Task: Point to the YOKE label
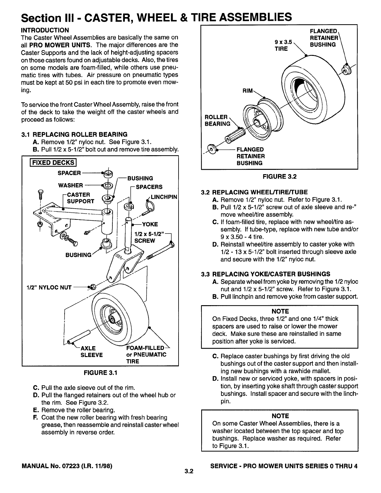[150, 224]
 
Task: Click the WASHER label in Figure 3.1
[70, 185]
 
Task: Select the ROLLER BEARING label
[217, 120]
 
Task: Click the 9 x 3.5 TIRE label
[282, 45]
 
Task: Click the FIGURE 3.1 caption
[100, 373]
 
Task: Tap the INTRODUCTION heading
[45, 30]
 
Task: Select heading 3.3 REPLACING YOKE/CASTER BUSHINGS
[265, 274]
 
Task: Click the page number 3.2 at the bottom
[188, 471]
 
